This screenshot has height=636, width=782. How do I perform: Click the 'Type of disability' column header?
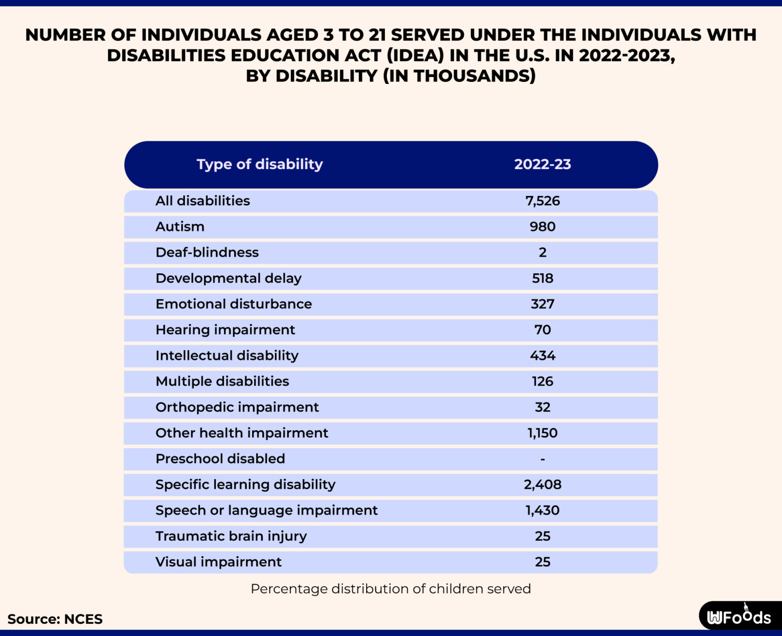(260, 164)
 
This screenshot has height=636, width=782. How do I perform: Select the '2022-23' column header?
(542, 164)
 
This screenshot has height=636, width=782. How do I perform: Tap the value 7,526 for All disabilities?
(542, 201)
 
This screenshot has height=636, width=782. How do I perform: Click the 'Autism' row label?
(180, 227)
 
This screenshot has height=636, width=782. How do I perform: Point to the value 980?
(542, 227)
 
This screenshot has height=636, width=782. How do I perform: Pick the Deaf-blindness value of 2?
(542, 253)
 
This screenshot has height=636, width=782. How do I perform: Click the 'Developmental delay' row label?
(228, 278)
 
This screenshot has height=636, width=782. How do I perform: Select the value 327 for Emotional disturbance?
(542, 304)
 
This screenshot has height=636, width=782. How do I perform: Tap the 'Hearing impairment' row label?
(225, 330)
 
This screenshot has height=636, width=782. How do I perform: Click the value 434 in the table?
(542, 355)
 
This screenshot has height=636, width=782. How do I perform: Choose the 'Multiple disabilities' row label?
(222, 381)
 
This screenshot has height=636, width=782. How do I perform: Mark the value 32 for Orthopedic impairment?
(542, 407)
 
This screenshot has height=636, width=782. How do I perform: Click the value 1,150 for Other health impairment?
(542, 433)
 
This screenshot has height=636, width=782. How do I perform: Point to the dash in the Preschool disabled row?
(542, 459)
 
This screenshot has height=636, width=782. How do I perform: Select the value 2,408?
(542, 484)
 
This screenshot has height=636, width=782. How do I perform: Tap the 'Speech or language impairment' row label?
(266, 510)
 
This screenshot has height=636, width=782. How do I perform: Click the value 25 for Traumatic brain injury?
(542, 536)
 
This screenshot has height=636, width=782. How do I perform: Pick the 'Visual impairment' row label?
(218, 562)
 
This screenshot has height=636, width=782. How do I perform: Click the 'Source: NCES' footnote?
(55, 619)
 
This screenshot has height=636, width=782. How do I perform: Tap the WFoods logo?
(739, 617)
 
